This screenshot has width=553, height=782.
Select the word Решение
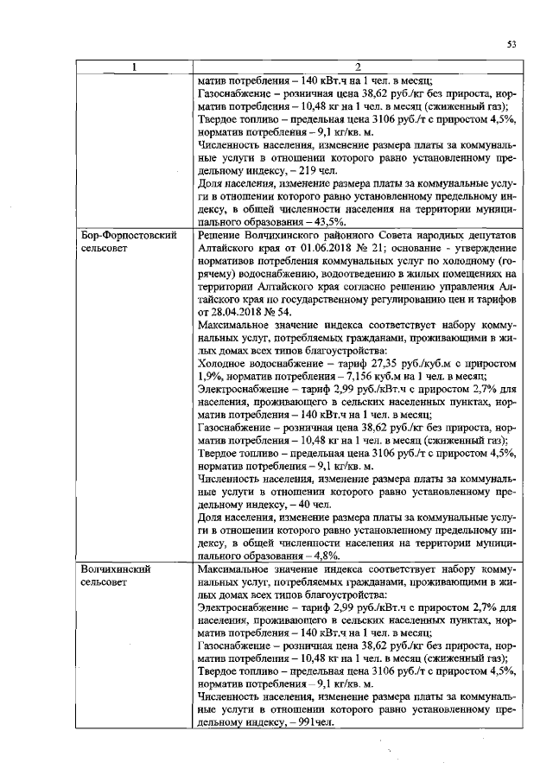click(x=223, y=234)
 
